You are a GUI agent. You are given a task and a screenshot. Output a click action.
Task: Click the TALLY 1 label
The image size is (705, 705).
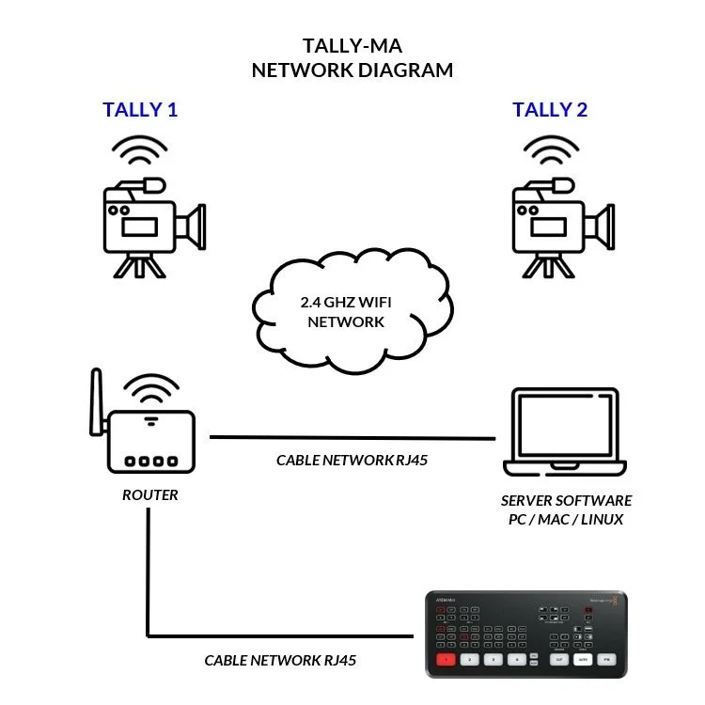click(x=140, y=110)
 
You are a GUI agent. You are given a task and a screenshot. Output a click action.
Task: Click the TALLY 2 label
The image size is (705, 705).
click(x=550, y=110)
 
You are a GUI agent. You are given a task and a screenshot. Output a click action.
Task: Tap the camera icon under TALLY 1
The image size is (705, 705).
click(x=150, y=227)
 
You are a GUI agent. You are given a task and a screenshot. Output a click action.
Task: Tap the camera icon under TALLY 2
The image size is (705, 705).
click(x=560, y=227)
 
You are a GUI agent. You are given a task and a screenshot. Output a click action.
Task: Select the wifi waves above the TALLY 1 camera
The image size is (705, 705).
click(x=139, y=152)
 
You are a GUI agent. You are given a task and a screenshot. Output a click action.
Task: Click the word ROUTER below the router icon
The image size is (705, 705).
click(x=149, y=494)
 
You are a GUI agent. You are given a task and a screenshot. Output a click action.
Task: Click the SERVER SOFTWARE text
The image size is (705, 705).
click(x=566, y=500)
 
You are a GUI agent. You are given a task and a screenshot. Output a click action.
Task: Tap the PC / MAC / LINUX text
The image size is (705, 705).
click(x=566, y=520)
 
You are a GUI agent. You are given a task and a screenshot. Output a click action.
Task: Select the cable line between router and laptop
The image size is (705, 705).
click(x=352, y=437)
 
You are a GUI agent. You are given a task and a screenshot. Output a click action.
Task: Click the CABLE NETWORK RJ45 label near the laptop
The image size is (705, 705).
click(x=353, y=461)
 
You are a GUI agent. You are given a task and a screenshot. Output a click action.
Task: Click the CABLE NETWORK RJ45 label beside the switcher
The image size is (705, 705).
click(x=281, y=660)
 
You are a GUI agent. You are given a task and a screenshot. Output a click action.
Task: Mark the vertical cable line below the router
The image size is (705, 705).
click(x=148, y=573)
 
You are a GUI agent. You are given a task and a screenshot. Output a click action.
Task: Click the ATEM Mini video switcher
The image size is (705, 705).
click(x=526, y=634)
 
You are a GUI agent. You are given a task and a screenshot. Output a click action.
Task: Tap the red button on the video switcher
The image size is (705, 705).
click(x=446, y=660)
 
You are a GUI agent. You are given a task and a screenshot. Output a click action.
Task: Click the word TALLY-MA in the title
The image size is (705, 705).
click(x=352, y=45)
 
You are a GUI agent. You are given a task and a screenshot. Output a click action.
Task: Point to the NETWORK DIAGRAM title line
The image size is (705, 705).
click(x=352, y=70)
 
